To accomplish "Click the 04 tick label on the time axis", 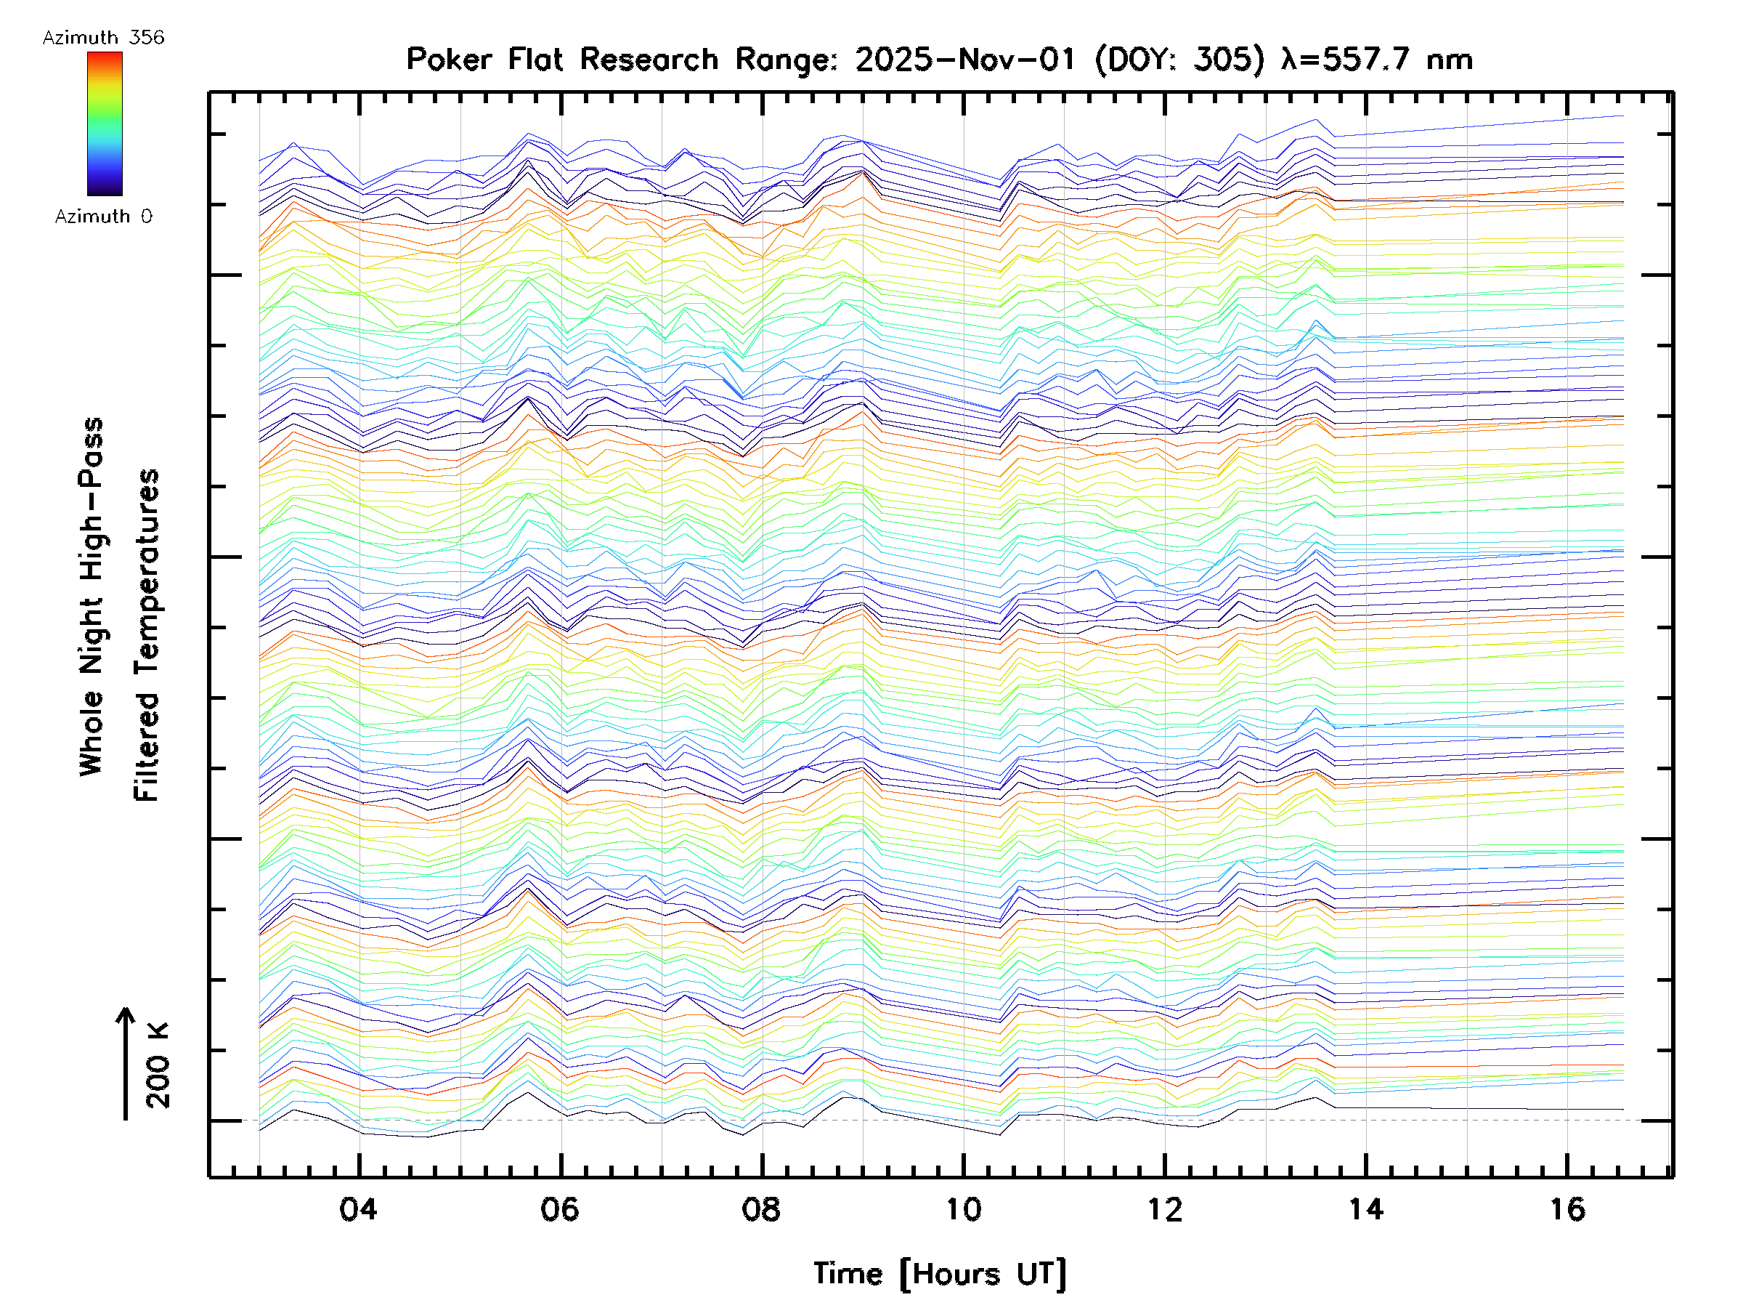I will (359, 1209).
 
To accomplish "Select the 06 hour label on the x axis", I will (559, 1209).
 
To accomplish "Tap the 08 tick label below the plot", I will (761, 1209).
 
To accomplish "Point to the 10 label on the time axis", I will (963, 1209).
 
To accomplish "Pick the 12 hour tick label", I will (1165, 1209).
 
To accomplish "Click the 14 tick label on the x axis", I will (1365, 1209).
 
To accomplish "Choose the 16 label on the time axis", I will (1567, 1209).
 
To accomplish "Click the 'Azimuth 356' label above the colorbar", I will (103, 38).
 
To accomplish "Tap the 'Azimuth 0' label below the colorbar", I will (103, 216).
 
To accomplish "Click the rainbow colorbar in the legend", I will (105, 124).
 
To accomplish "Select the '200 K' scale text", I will (158, 1065).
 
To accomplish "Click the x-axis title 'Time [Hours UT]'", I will (939, 1274).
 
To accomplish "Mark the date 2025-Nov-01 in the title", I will (965, 60).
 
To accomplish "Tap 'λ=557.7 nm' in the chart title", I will (1376, 60).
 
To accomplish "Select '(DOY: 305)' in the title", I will (1179, 60).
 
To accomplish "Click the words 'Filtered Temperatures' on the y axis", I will (147, 634).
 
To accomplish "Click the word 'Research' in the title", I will (649, 60).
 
